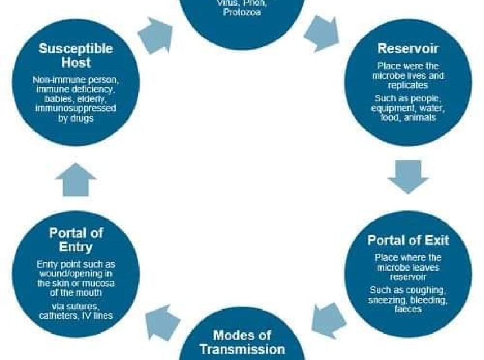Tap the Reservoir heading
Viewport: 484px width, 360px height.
[408, 48]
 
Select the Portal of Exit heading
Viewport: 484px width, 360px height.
[408, 240]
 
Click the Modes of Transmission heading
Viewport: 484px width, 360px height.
[243, 342]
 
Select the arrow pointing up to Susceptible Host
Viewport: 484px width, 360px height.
[75, 179]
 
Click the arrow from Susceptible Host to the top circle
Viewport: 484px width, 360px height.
[155, 35]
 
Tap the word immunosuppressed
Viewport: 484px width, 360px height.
[75, 109]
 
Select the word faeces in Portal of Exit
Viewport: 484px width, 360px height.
[408, 309]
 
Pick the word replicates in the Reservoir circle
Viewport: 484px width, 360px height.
[408, 85]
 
